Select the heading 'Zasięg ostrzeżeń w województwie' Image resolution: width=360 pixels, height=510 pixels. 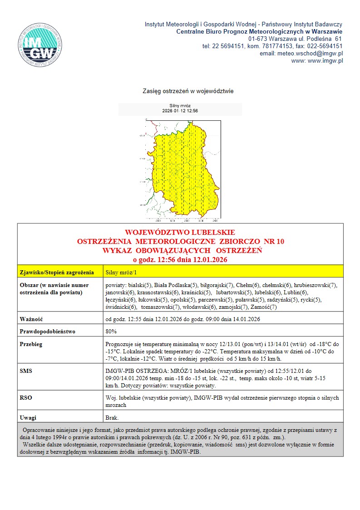coord(188,91)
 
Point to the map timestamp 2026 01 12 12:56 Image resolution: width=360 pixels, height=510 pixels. coord(180,111)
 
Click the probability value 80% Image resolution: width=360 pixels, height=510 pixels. coord(111,332)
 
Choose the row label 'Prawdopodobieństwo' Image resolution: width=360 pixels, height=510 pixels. coord(47,332)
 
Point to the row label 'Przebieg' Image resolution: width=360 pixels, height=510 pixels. coord(31,344)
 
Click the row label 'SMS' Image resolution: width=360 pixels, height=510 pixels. coord(26,371)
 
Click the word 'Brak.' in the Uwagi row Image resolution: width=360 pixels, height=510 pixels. coord(112,418)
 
